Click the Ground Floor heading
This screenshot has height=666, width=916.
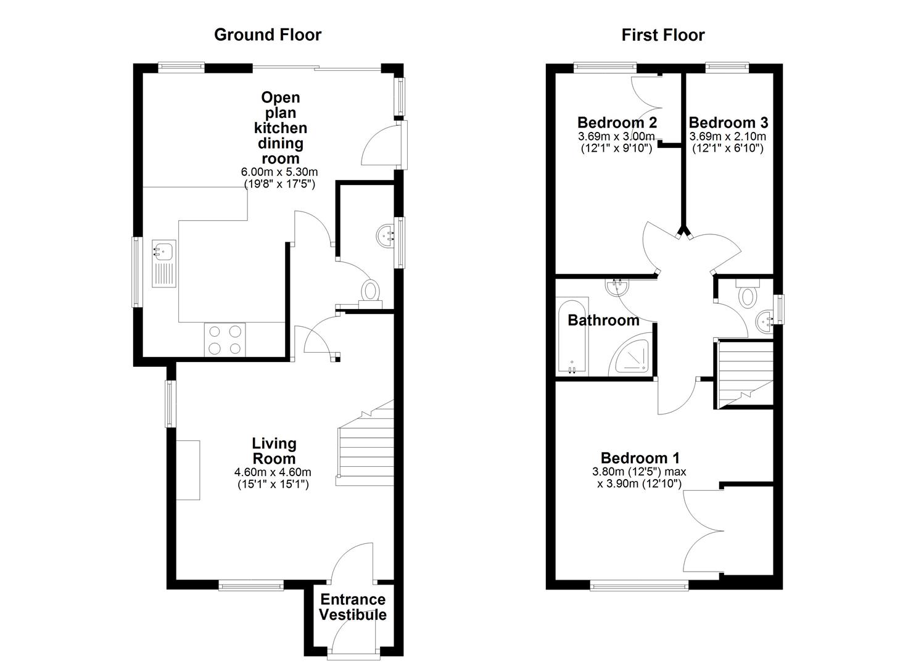[x=267, y=35]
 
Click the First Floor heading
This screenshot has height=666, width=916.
[x=662, y=35]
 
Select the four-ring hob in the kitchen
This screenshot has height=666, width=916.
[x=225, y=339]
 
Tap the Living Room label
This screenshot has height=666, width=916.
[x=274, y=451]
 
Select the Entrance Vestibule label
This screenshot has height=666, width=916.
[x=353, y=607]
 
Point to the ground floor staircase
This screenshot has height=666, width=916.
[x=365, y=444]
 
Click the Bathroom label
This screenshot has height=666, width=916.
[x=603, y=320]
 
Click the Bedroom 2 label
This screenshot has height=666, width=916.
[x=617, y=122]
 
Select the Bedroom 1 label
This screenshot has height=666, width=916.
[x=640, y=458]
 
